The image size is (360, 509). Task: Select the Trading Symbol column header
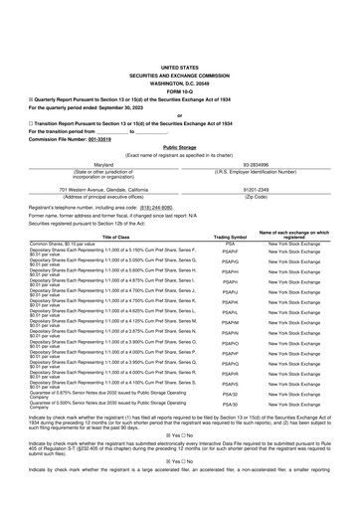click(x=230, y=238)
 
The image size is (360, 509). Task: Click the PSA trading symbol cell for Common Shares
click(x=230, y=244)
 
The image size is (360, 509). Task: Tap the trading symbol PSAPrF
click(x=230, y=252)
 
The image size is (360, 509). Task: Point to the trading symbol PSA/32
click(x=230, y=394)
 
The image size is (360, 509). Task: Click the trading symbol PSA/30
click(x=230, y=405)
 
